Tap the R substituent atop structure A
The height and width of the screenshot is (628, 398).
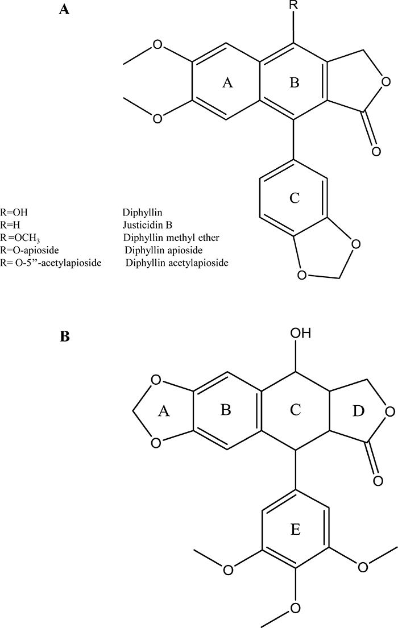click(293, 5)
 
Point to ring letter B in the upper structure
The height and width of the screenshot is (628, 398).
click(294, 83)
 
